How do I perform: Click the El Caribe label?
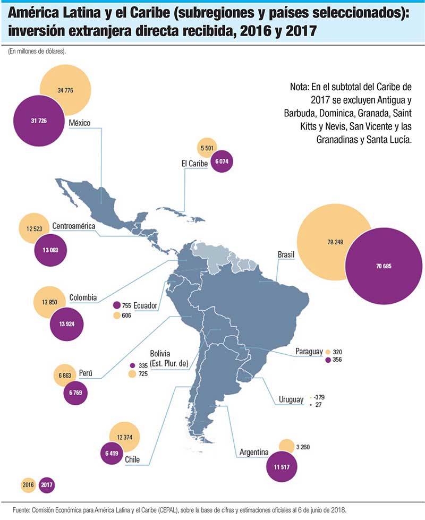(194, 164)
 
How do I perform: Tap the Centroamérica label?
(74, 226)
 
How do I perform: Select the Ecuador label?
(146, 306)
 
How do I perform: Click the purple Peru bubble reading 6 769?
(71, 394)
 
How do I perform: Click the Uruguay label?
(291, 399)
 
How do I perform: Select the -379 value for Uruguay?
(320, 396)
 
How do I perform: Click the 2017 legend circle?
(46, 484)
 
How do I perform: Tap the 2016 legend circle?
(29, 484)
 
